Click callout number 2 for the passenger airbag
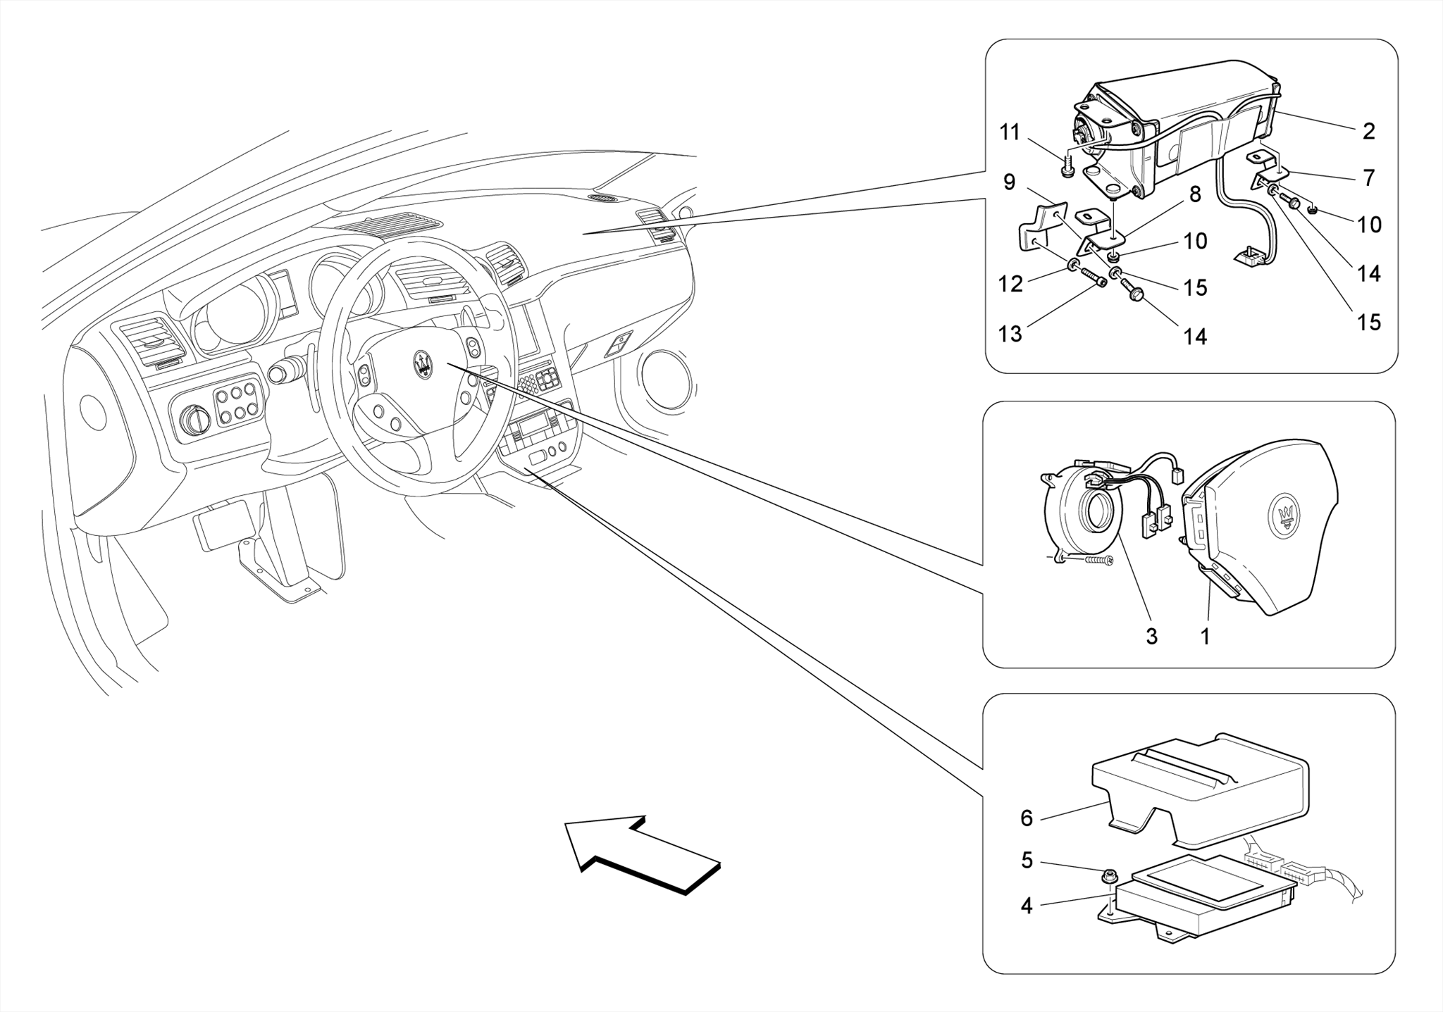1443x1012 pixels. (x=1368, y=132)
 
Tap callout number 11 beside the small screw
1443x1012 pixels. (x=1010, y=132)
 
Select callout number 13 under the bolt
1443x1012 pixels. (x=1010, y=334)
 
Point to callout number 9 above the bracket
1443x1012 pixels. (x=1009, y=182)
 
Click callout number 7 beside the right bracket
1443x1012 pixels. (x=1368, y=178)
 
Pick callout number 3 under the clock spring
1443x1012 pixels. (x=1151, y=637)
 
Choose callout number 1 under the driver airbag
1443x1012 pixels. (x=1206, y=637)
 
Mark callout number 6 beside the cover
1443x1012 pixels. (x=1027, y=818)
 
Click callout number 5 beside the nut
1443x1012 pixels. (x=1027, y=861)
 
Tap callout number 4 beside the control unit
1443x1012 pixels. (x=1027, y=906)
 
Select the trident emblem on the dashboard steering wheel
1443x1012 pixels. (x=423, y=363)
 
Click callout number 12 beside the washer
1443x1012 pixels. (x=1010, y=284)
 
